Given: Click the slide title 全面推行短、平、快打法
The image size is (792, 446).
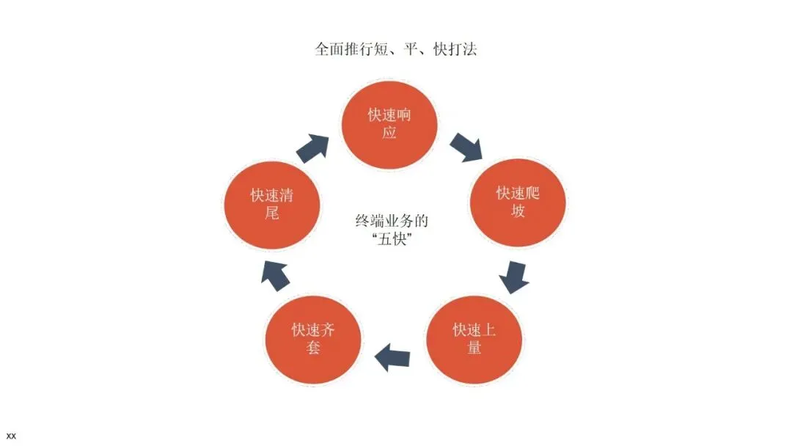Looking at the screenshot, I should pos(397,50).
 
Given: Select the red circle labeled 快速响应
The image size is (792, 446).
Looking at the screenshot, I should pos(390,125).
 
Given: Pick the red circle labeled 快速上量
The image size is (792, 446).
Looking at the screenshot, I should pos(474,338).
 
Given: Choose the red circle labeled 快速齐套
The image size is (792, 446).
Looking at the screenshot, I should pos(313,338).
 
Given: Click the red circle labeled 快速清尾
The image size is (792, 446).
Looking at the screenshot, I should pos(272,204).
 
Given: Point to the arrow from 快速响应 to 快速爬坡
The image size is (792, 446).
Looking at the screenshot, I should pos(466,146).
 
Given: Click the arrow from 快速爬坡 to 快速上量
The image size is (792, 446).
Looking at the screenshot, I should pos(513,276).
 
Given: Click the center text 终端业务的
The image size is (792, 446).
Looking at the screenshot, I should pos(391,220).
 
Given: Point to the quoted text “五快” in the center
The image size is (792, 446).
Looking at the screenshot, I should pos(391,239).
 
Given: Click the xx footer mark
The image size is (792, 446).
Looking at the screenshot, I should pos(11,436).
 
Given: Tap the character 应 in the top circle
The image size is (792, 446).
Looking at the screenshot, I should pos(390,134).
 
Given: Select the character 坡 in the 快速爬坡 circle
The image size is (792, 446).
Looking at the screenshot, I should pos(518,212).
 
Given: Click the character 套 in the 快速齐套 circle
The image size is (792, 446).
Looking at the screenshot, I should pos(313,348).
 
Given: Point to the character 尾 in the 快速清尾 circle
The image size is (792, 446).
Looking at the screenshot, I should pos(272,213).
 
